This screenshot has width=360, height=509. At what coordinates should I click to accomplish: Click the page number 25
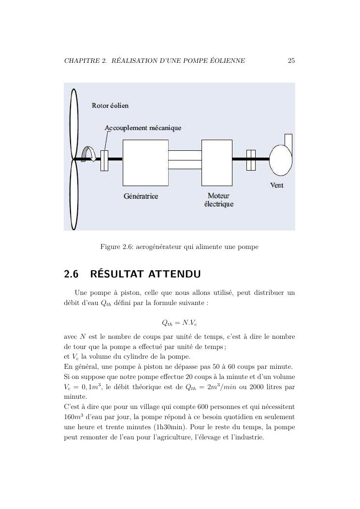coord(291,61)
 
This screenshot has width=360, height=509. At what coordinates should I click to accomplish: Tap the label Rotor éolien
coord(110,105)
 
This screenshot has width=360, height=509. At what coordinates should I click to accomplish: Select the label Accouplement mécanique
coord(143,128)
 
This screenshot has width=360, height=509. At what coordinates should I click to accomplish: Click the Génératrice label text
coord(141,197)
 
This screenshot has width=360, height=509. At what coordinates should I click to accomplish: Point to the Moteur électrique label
coord(218,200)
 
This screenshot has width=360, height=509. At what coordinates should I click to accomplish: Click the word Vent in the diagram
coord(276,186)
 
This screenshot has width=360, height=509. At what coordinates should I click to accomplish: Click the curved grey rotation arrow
coord(89,154)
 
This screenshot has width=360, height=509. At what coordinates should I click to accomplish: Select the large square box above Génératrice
coord(145,162)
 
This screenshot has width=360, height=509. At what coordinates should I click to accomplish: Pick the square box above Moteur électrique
coord(216,162)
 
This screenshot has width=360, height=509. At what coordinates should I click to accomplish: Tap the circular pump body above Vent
coord(280,160)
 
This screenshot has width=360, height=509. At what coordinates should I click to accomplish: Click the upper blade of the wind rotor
coord(73,124)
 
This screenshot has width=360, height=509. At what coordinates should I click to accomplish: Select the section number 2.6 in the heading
coord(72,275)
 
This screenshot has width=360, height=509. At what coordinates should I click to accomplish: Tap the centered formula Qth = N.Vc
coord(179,322)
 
